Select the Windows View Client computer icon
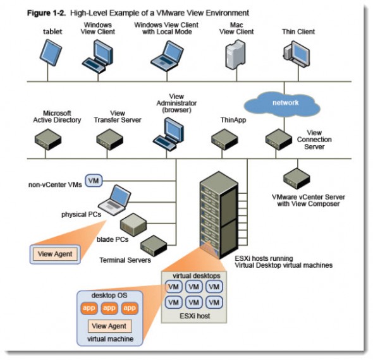coord(102,54)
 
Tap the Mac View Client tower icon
coord(233,54)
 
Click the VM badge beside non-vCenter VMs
coord(94,181)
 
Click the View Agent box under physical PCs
coord(55,255)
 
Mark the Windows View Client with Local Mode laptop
coord(166,54)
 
